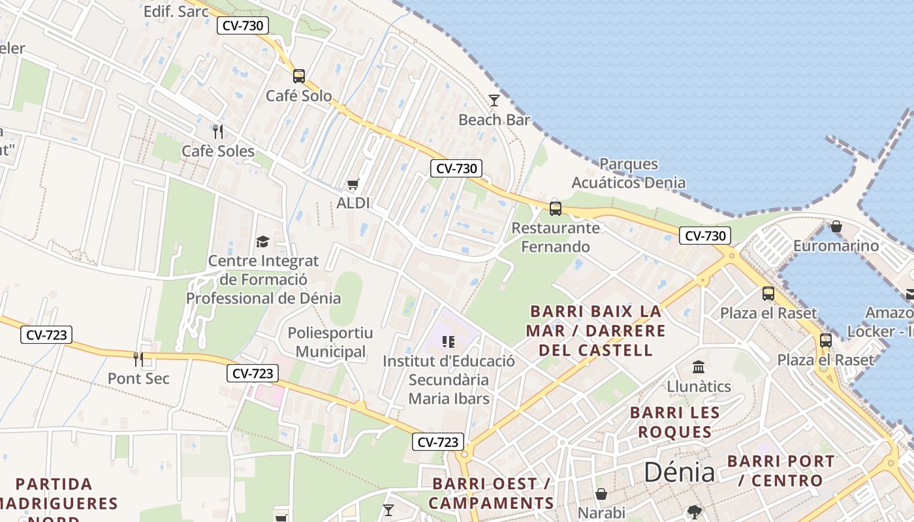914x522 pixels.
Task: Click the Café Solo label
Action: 298,96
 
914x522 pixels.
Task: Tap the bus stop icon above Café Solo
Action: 298,76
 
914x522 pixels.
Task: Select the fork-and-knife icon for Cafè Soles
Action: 218,132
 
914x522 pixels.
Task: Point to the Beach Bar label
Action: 494,120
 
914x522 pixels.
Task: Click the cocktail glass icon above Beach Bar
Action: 494,100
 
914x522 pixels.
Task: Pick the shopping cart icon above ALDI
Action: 353,184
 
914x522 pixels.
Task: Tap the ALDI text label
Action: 353,203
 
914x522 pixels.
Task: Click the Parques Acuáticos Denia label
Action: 629,173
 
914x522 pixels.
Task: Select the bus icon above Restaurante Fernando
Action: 555,208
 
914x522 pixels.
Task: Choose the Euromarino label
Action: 836,246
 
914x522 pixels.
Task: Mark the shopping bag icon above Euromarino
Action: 836,226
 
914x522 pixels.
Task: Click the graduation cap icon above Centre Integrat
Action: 262,241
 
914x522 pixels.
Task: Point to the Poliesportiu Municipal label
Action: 330,343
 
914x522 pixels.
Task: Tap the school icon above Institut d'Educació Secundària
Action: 448,341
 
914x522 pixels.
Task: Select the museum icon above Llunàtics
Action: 699,367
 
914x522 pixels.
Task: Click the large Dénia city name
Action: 679,472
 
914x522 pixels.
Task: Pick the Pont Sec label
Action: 138,378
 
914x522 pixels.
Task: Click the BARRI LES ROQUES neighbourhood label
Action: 675,422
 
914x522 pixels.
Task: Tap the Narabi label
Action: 601,513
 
